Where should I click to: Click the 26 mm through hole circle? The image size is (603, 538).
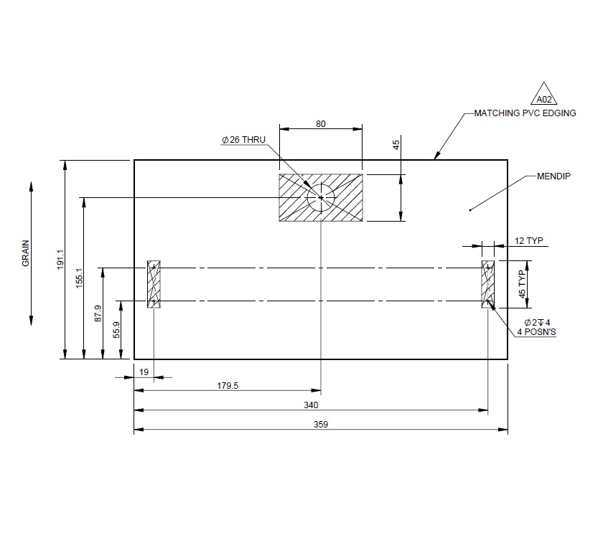(x=321, y=197)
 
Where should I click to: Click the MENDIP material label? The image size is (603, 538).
(x=553, y=176)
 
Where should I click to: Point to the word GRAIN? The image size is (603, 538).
(x=26, y=253)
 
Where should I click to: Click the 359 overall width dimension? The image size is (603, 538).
(x=321, y=425)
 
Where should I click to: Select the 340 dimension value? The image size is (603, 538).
(x=311, y=405)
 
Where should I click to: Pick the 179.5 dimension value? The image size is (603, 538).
(x=227, y=386)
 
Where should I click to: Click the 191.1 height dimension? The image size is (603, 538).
(x=60, y=260)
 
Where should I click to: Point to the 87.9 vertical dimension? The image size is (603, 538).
(x=98, y=313)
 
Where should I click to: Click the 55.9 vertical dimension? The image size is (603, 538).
(x=116, y=329)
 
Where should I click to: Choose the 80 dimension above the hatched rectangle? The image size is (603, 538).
(x=321, y=123)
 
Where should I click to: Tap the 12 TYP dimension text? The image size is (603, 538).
(x=529, y=241)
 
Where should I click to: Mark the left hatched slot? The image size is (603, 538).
(x=154, y=285)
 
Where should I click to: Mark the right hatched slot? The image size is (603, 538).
(x=488, y=285)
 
